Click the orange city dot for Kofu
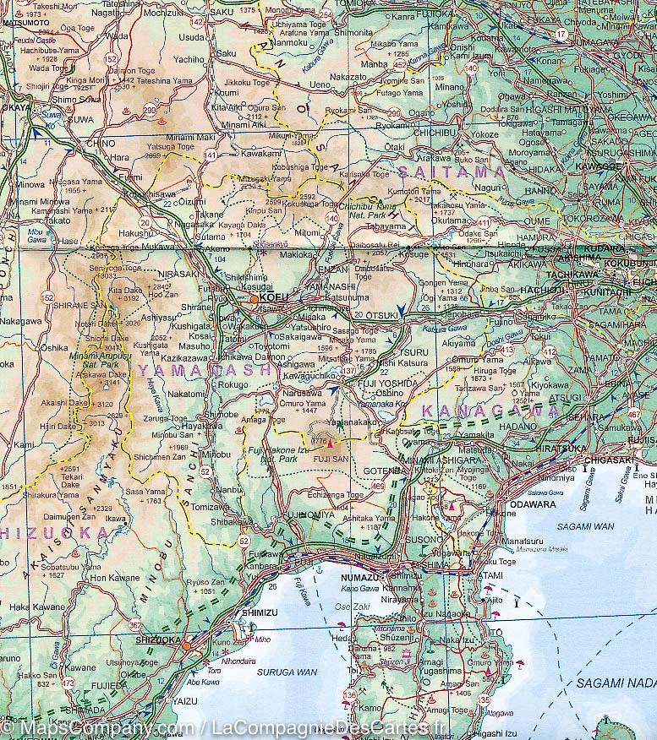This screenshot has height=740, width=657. point(255,298)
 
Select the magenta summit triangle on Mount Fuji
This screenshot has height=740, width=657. point(328,442)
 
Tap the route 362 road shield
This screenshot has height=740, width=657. point(135,626)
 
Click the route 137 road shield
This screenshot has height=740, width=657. point(348,371)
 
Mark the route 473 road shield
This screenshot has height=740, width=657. point(68,683)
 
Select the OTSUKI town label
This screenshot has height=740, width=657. point(381,317)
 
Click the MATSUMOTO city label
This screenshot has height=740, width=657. point(25,24)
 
